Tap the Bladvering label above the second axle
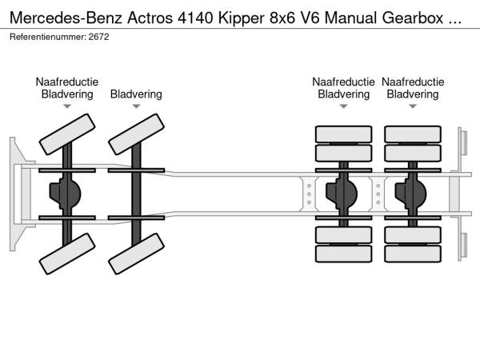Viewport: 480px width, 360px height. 136,94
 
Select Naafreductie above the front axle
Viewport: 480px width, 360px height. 67,82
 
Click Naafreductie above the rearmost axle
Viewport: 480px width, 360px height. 413,82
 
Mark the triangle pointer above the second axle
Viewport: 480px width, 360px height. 136,106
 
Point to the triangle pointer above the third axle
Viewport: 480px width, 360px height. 344,106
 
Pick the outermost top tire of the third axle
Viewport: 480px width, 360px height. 344,134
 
